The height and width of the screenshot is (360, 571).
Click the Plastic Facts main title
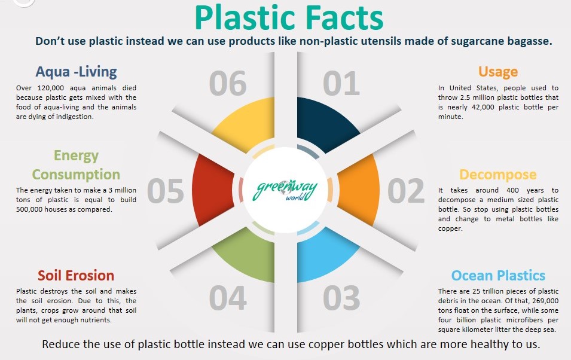pyautogui.click(x=289, y=17)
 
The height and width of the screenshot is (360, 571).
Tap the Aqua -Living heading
pyautogui.click(x=76, y=71)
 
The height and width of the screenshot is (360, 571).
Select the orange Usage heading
pyautogui.click(x=498, y=72)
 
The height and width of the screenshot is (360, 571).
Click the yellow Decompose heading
pyautogui.click(x=498, y=175)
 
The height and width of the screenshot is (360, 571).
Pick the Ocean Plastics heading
pyautogui.click(x=498, y=276)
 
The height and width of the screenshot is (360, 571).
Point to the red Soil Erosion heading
pyautogui.click(x=76, y=276)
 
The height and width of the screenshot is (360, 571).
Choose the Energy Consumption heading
pyautogui.click(x=76, y=165)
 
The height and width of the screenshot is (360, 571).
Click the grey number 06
pyautogui.click(x=228, y=84)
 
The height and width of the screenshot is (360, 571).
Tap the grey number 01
pyautogui.click(x=341, y=84)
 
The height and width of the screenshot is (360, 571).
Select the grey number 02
pyautogui.click(x=406, y=191)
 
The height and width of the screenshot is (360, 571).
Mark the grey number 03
pyautogui.click(x=341, y=298)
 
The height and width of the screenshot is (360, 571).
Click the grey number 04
pyautogui.click(x=228, y=298)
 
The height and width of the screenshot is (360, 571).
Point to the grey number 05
pyautogui.click(x=166, y=191)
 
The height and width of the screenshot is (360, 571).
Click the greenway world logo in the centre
pyautogui.click(x=286, y=190)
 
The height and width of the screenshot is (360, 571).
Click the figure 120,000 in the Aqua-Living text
pyautogui.click(x=51, y=88)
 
